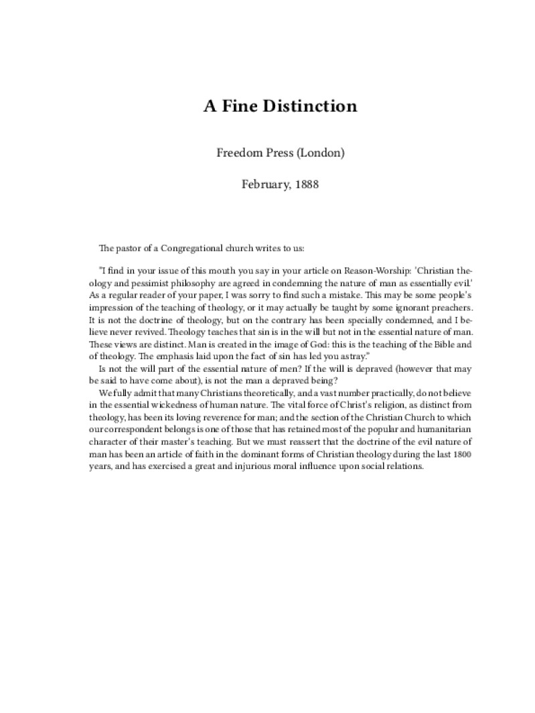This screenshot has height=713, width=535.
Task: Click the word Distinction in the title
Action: pos(309,106)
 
